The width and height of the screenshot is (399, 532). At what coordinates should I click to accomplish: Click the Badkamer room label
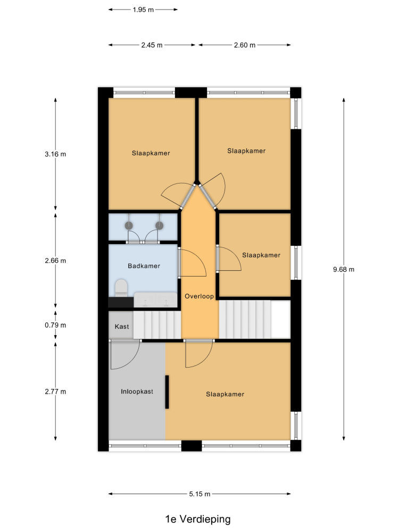point(144,266)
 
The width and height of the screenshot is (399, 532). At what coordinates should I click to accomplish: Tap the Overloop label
point(199,296)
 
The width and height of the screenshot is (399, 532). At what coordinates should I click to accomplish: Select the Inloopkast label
point(137,392)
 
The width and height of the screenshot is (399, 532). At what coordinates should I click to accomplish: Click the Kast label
point(122,327)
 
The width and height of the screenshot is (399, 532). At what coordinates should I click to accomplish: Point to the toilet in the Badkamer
point(121,288)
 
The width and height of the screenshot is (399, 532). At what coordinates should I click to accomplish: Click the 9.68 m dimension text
point(344,269)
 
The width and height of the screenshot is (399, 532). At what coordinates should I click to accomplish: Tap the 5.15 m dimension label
point(199,494)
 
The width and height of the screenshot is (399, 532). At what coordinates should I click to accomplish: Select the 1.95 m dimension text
point(143,10)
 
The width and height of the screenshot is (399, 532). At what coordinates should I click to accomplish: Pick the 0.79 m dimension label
point(55,325)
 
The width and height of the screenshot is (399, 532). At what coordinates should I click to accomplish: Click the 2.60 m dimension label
point(245,45)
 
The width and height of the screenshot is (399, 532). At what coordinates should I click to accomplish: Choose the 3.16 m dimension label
point(55,154)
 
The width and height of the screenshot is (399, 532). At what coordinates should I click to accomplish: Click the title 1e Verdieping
point(198,519)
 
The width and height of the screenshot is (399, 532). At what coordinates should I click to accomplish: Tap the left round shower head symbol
point(129,225)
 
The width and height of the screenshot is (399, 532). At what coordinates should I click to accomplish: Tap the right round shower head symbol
point(160,225)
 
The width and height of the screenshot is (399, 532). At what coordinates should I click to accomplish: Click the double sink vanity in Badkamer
point(155,300)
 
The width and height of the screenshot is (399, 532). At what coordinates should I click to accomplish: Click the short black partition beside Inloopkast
point(167,392)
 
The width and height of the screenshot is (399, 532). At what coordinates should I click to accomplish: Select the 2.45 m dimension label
point(152,45)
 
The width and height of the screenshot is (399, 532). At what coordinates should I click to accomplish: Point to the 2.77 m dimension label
point(55,392)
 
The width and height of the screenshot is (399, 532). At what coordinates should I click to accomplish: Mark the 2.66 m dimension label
point(55,261)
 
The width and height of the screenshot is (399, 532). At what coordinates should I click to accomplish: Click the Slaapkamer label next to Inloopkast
point(225,394)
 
